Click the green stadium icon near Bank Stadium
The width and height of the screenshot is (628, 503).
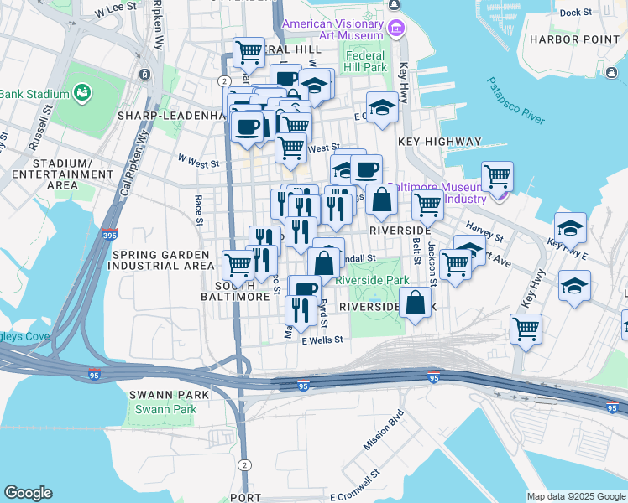82,91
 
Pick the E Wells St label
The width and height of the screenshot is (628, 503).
322,340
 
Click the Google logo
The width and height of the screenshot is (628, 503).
28,493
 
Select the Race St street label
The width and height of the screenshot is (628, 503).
199,210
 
